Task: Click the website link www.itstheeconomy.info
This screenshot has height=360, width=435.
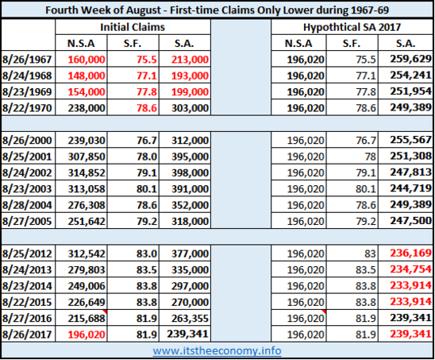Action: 217,350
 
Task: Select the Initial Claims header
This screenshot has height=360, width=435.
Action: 133,27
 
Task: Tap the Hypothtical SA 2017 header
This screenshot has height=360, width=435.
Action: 352,27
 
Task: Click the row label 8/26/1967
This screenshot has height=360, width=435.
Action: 27,60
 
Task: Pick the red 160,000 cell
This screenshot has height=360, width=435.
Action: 87,60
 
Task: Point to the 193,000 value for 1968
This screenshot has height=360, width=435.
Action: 190,75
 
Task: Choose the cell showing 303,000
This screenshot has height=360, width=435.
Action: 190,108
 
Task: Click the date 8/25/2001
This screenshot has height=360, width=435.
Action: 27,157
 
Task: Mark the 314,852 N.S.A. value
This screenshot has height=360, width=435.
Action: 87,172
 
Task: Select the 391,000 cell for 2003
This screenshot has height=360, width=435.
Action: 190,188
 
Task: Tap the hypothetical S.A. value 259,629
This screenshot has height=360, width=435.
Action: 410,59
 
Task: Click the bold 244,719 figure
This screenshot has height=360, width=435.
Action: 410,188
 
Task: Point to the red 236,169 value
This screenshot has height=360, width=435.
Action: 410,253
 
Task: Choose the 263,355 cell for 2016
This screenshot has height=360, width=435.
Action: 190,318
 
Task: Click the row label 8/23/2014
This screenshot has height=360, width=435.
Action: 27,286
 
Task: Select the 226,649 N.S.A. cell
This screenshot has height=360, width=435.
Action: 87,302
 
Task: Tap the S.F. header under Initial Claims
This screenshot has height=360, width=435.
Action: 133,44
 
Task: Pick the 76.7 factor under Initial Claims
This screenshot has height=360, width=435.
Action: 147,141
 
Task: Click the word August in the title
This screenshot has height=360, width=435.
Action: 143,10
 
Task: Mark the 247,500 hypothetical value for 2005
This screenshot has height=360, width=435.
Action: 410,221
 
